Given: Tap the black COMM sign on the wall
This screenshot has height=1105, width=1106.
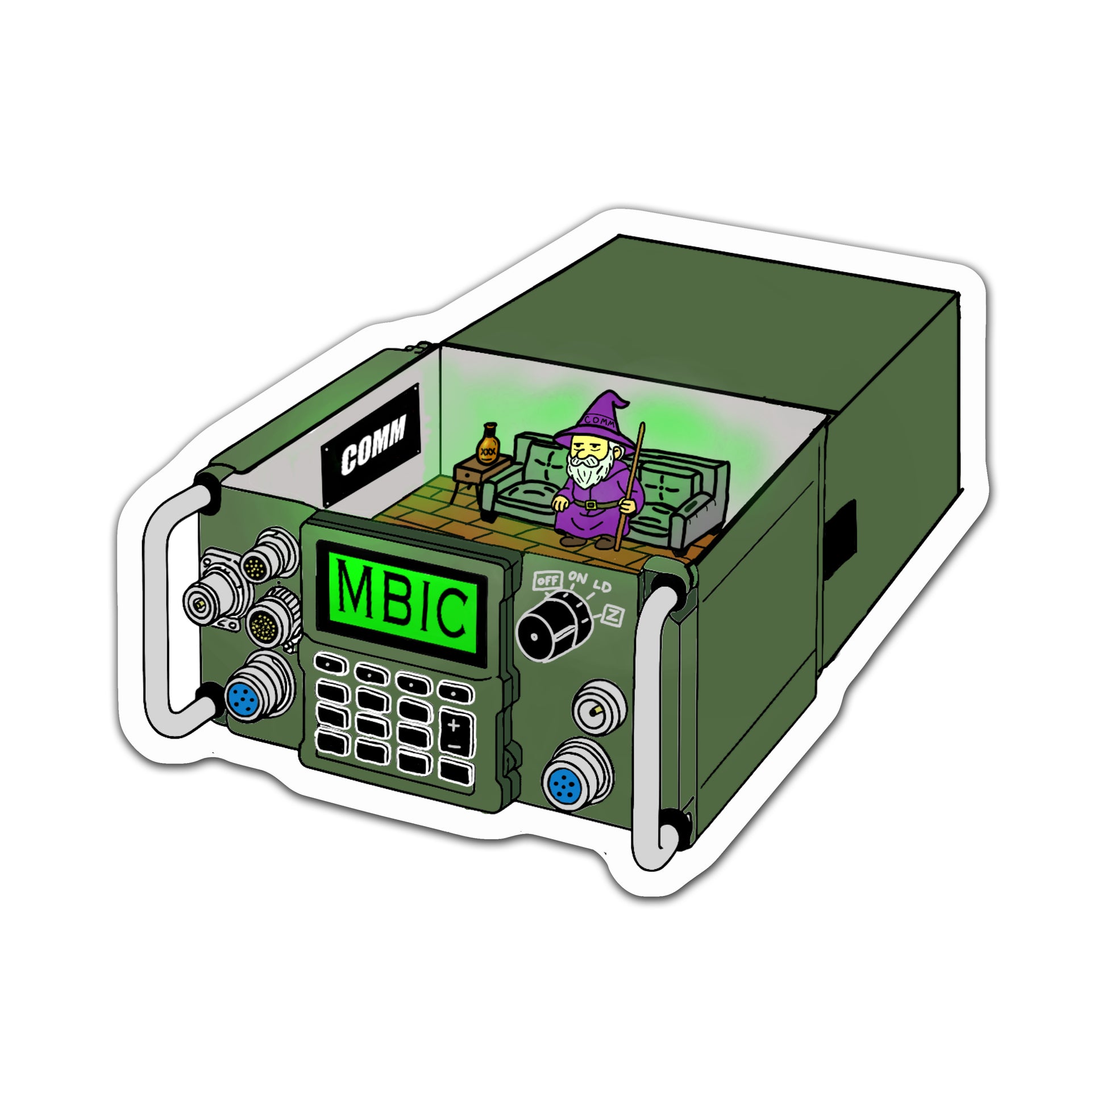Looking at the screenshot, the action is (371, 445).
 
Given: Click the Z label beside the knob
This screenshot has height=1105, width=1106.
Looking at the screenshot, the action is (613, 616).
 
